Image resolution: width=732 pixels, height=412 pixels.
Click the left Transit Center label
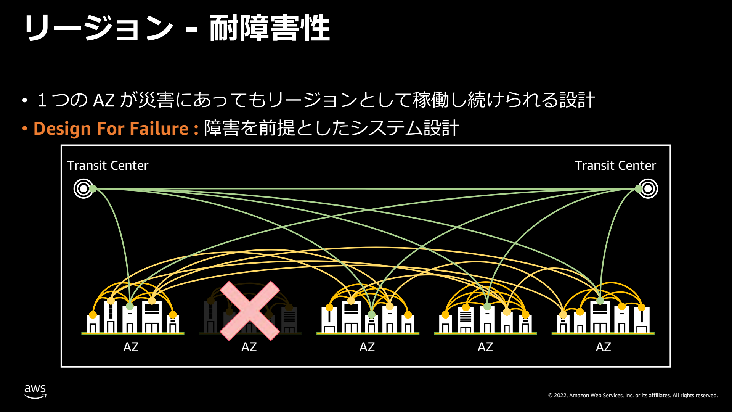[108, 166]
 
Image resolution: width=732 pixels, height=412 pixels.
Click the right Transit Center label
[615, 166]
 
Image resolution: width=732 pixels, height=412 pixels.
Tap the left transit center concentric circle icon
[83, 188]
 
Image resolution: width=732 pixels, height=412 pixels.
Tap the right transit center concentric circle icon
[648, 188]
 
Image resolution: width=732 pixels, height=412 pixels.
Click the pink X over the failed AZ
[250, 311]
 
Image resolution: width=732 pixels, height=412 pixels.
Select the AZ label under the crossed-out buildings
[249, 347]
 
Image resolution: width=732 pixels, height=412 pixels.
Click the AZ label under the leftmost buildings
[131, 347]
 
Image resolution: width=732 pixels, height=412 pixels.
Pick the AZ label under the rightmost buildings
[603, 347]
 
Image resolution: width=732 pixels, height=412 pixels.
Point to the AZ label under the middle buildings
[367, 347]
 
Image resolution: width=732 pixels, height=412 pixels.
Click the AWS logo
[35, 391]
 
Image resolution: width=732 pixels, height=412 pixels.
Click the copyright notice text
[633, 395]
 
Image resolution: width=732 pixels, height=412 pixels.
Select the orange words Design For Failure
[111, 129]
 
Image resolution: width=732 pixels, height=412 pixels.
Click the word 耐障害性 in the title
[270, 28]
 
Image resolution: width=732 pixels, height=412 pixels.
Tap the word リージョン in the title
[99, 28]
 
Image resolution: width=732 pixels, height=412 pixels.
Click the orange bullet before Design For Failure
[25, 129]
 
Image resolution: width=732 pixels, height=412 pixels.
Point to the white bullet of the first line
[25, 100]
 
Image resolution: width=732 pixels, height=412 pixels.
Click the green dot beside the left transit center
[93, 188]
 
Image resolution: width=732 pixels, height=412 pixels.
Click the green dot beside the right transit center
[638, 188]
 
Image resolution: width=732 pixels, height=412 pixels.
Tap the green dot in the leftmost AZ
[130, 306]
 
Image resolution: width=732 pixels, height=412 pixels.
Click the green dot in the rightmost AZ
[600, 301]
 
